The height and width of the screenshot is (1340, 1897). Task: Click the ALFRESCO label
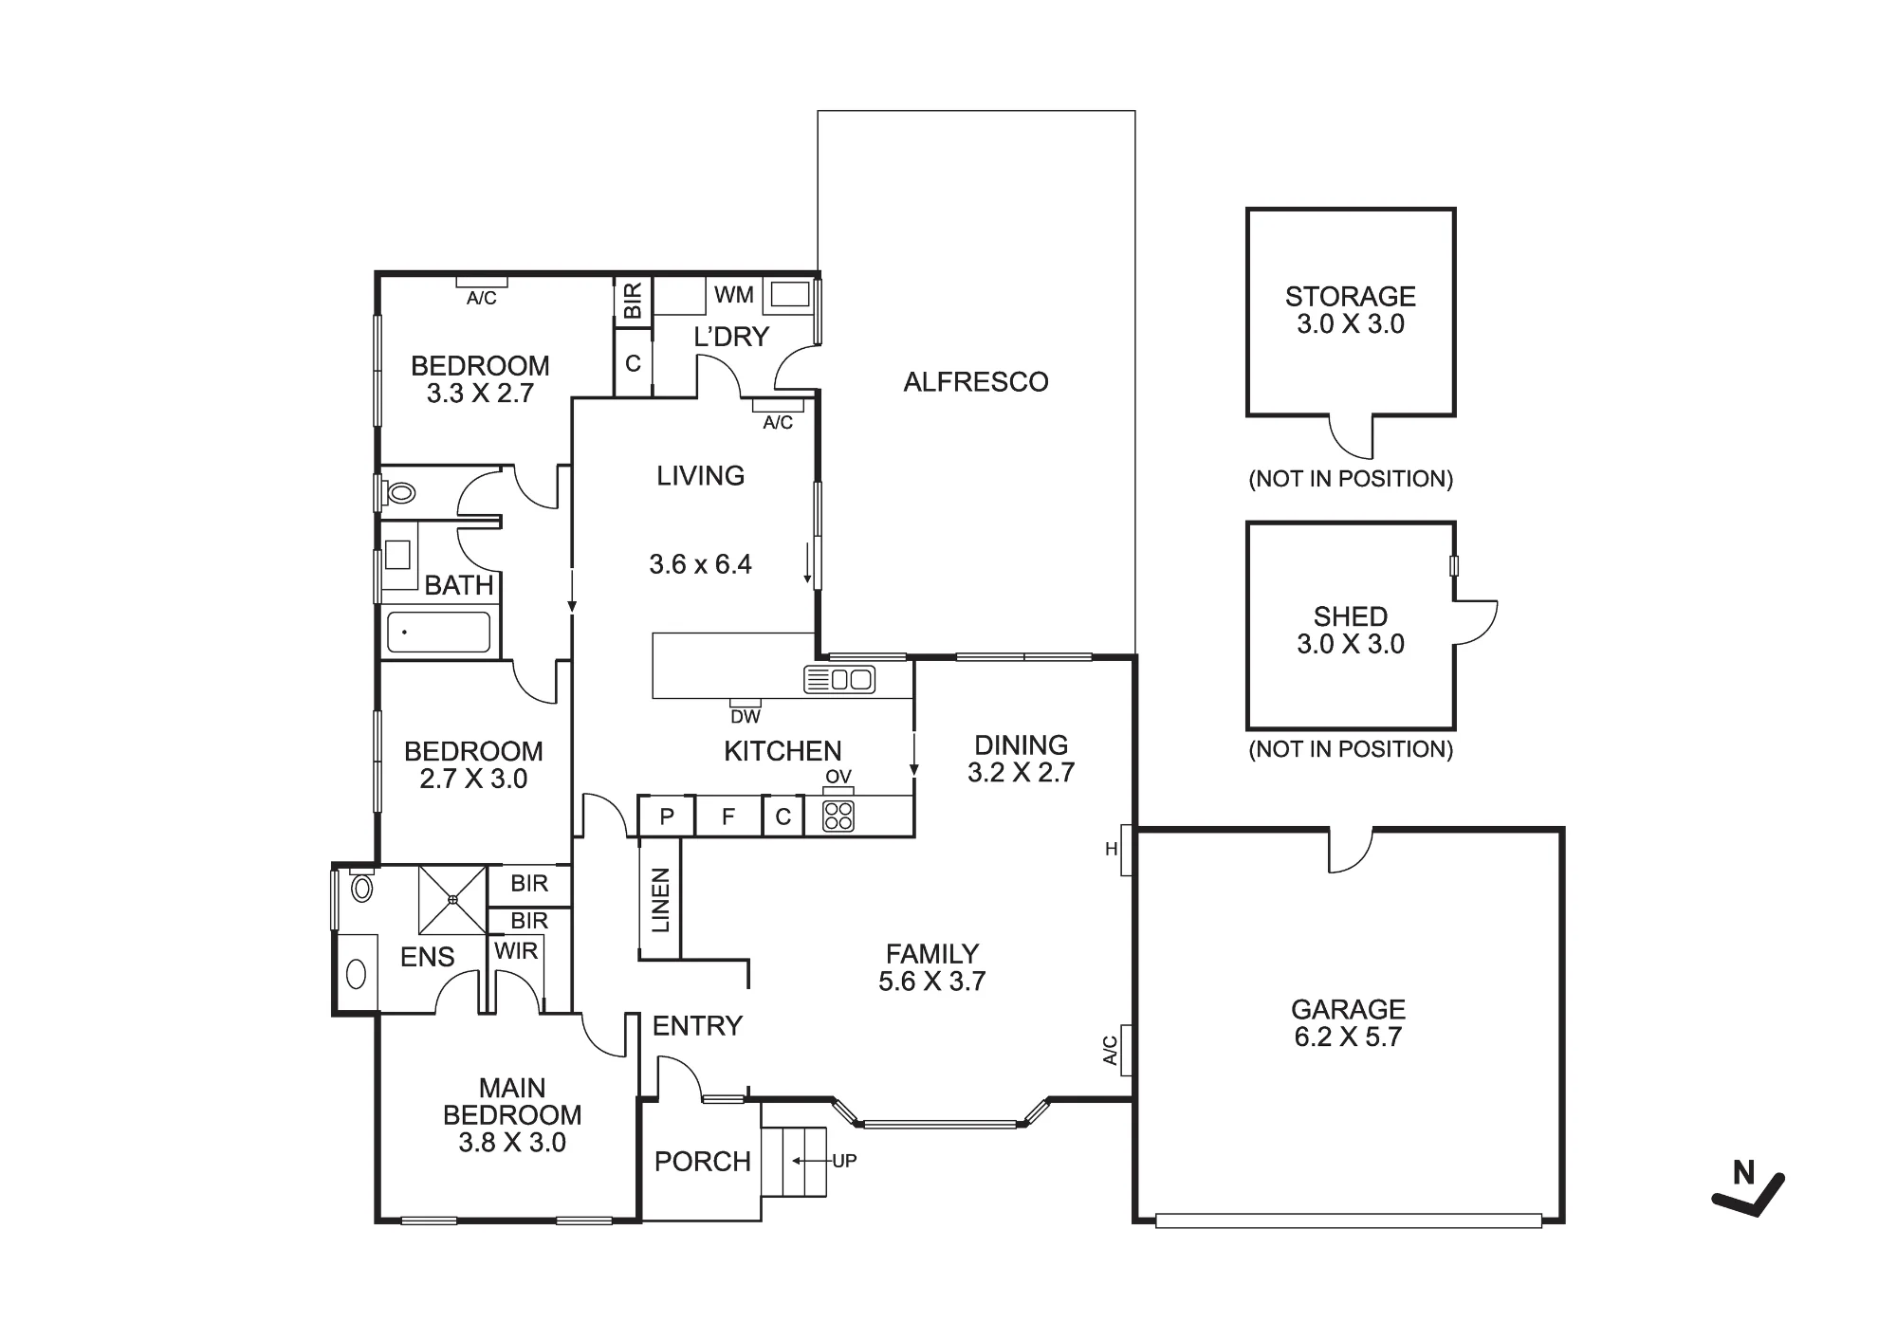[x=976, y=382]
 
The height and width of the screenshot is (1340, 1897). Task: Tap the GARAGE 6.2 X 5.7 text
[x=1348, y=1023]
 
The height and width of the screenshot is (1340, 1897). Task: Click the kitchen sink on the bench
[x=839, y=679]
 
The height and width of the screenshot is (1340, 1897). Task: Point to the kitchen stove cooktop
[x=838, y=816]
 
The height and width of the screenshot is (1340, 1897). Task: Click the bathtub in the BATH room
[x=439, y=632]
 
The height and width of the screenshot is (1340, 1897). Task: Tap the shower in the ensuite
[x=453, y=899]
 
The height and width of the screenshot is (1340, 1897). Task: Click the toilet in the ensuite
[x=361, y=886]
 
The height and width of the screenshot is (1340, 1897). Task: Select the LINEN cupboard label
[x=661, y=900]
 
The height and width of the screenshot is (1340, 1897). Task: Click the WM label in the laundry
[x=734, y=295]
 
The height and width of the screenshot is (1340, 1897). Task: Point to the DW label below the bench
[x=746, y=717]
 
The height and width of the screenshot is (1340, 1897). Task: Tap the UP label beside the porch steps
[x=844, y=1161]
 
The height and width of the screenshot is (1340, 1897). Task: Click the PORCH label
[x=703, y=1162]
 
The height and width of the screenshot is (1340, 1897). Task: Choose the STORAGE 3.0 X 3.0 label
[x=1351, y=310]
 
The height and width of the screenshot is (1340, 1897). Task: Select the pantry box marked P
[x=667, y=817]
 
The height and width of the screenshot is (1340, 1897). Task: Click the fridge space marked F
[x=728, y=817]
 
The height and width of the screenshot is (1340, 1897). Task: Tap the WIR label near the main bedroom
[x=516, y=951]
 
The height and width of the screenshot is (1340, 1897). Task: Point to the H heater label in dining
[x=1112, y=850]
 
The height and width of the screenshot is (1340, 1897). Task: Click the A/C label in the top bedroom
[x=482, y=299]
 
